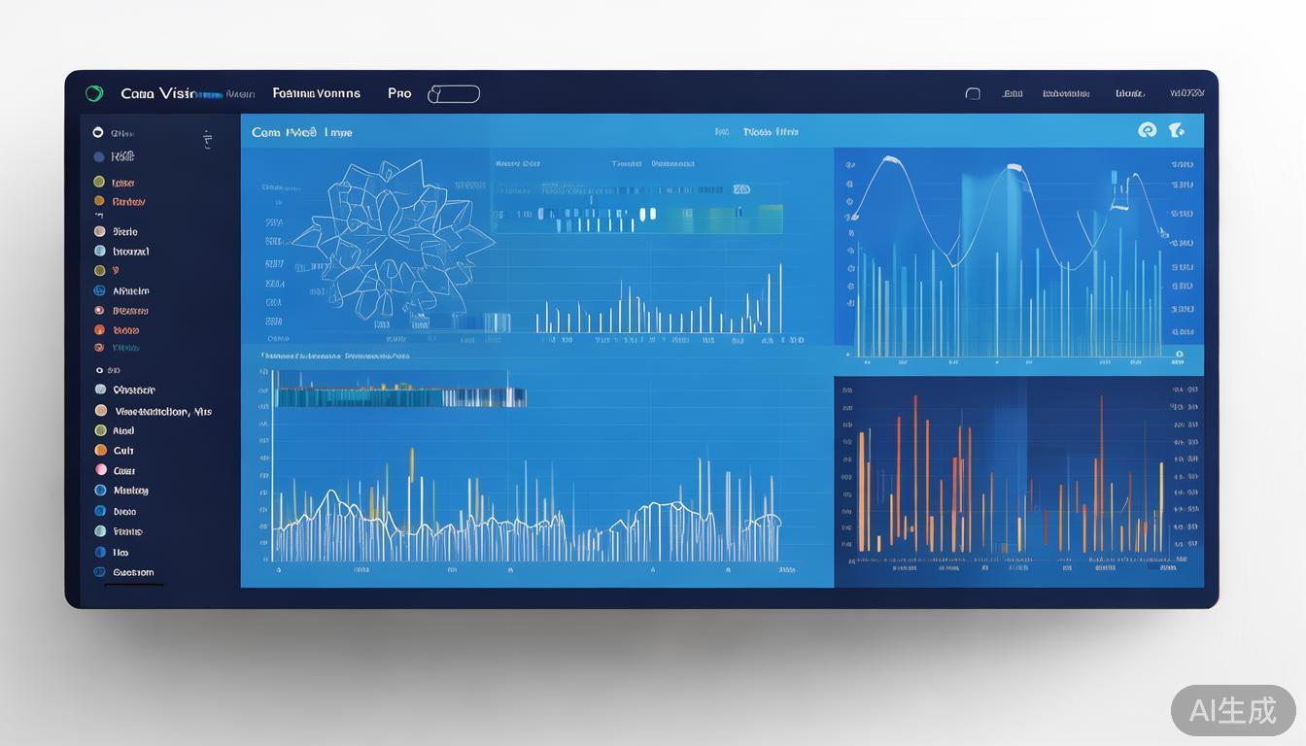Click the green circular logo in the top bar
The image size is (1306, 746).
(94, 93)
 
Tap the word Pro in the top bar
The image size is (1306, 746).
(399, 93)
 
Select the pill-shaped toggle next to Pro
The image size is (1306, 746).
(454, 94)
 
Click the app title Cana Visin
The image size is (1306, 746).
(157, 93)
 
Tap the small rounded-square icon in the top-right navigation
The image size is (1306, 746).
(973, 94)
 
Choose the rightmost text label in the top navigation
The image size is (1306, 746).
(1186, 93)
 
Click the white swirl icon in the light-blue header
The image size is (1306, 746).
(1147, 130)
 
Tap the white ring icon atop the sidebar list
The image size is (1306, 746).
(97, 132)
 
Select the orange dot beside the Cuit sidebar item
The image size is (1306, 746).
(100, 450)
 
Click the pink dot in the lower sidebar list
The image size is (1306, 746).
(100, 470)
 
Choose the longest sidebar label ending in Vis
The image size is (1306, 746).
(162, 411)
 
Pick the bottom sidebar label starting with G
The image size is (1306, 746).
(133, 572)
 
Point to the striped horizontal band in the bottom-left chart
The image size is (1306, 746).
(400, 396)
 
